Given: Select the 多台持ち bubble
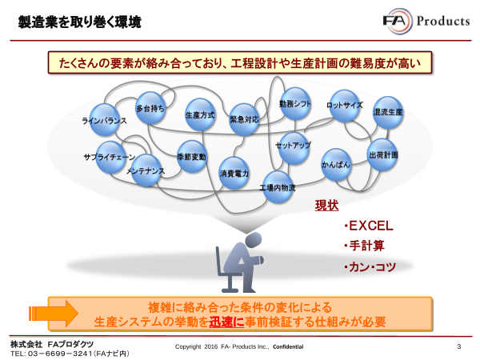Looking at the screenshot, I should (150, 108).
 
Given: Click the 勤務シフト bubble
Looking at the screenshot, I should (294, 106).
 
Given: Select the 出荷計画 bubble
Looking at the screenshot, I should (382, 152).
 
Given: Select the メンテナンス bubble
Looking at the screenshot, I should (146, 170).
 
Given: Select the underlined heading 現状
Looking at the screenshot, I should (326, 206).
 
